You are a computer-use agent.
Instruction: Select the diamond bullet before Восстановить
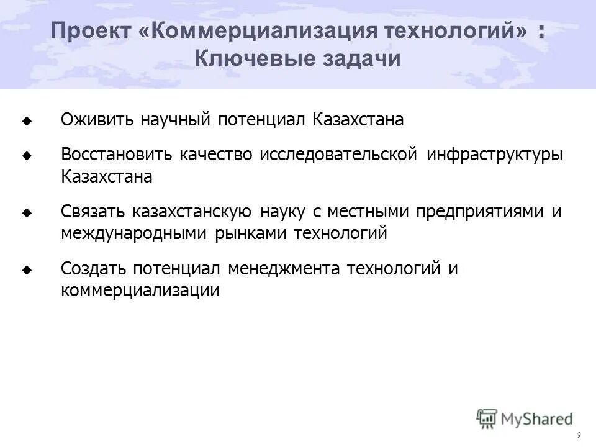coord(26,156)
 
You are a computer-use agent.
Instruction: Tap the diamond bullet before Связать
coord(26,212)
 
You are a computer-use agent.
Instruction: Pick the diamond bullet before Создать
coord(26,269)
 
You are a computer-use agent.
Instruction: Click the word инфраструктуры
coord(495,155)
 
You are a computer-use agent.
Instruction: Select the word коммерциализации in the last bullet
coord(140,290)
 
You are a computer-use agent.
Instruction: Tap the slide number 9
coord(579,435)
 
